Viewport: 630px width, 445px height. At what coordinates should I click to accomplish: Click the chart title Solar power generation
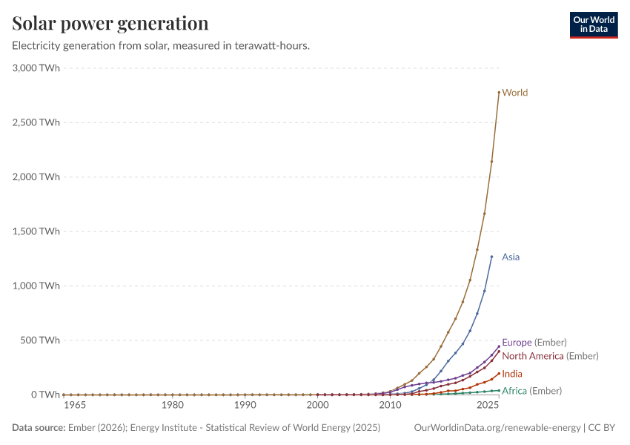[x=110, y=23]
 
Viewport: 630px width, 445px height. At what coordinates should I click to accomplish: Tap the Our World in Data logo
[x=593, y=24]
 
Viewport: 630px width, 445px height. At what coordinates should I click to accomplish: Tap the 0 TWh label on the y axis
[x=44, y=395]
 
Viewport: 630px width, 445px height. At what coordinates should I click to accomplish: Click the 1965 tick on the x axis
[x=75, y=406]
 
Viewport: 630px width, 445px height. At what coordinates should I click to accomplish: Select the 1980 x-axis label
[x=173, y=406]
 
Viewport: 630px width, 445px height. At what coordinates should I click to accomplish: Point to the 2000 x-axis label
[x=317, y=406]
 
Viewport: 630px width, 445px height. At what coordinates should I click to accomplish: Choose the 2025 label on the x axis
[x=488, y=406]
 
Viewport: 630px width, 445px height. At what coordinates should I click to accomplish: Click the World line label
[x=515, y=93]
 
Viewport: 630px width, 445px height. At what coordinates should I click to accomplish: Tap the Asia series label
[x=511, y=257]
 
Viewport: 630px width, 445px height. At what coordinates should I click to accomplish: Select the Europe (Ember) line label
[x=534, y=343]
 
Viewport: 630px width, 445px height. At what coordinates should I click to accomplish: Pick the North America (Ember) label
[x=550, y=356]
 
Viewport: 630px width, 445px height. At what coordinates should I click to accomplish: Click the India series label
[x=512, y=374]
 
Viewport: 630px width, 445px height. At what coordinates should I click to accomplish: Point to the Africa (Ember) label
[x=531, y=391]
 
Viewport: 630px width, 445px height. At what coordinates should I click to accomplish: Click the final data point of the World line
[x=499, y=92]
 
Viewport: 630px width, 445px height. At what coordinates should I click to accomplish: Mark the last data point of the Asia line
[x=491, y=257]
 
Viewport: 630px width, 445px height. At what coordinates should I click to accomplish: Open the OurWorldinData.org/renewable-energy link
[x=497, y=428]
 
